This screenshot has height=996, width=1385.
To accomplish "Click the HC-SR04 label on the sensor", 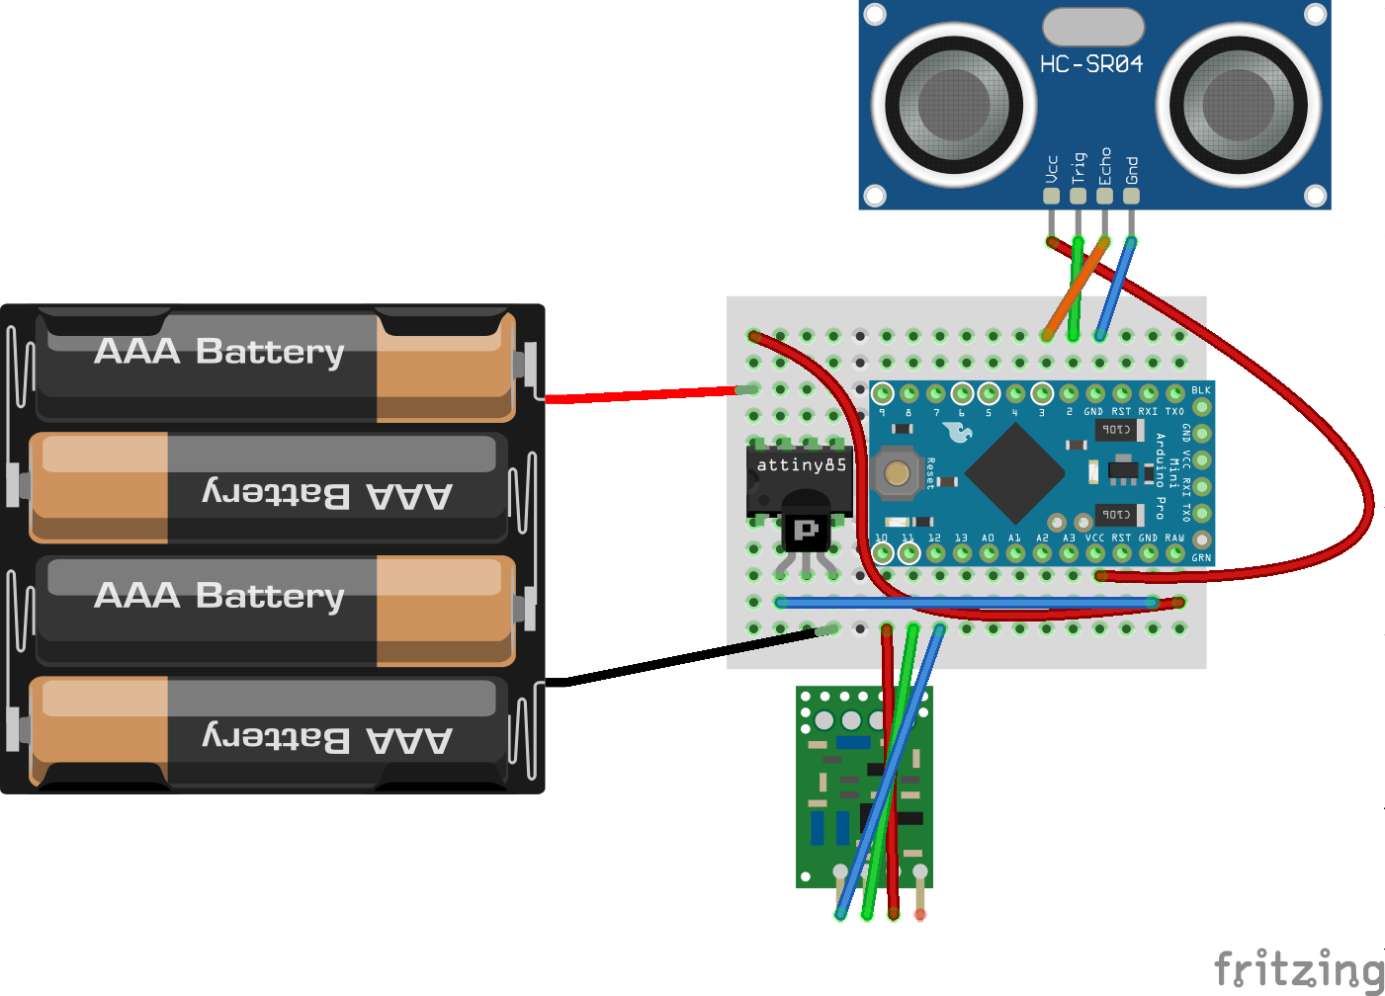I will pos(1090,64).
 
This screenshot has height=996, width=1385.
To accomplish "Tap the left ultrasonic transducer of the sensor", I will pos(954,103).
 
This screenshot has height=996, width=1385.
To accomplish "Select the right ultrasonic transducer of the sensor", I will pos(1239,103).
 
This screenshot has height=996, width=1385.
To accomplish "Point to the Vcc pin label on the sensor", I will pos(1052,169).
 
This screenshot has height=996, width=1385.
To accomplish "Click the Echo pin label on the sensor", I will pos(1105,166).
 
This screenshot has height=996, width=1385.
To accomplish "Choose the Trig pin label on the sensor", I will pos(1079,167).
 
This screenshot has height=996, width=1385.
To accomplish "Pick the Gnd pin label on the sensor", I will pos(1132,170).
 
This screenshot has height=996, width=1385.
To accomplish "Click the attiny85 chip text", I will pos(801,465).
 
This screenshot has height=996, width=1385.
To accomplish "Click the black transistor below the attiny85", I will pos(807,531).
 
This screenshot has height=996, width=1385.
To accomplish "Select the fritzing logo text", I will pos(1298,968).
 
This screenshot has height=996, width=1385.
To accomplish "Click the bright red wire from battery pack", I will pos(643,395).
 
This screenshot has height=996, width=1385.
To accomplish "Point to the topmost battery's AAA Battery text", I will pos(219,351).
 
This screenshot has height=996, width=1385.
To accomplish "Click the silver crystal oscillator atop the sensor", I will pos(1092,27).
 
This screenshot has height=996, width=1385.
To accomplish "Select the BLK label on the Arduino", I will pos(1200,390).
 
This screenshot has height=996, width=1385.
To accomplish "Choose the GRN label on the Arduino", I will pos(1200,558).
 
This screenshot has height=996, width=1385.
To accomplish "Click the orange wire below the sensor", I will pos(1076,287).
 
